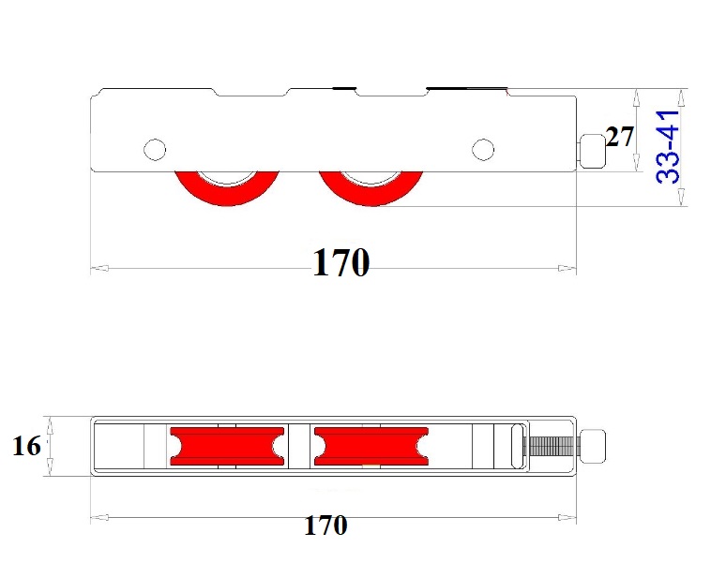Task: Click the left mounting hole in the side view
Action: click(154, 149)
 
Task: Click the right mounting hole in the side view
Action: click(482, 149)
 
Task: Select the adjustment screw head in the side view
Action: click(591, 150)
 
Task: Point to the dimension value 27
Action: click(619, 138)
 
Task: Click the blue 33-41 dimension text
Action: click(669, 147)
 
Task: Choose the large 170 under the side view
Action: click(340, 264)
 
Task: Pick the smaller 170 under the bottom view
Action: click(325, 525)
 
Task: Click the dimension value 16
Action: click(27, 447)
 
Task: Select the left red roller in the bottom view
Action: click(226, 446)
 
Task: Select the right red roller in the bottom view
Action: click(371, 446)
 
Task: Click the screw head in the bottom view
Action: click(594, 446)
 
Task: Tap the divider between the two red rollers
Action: click(298, 446)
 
